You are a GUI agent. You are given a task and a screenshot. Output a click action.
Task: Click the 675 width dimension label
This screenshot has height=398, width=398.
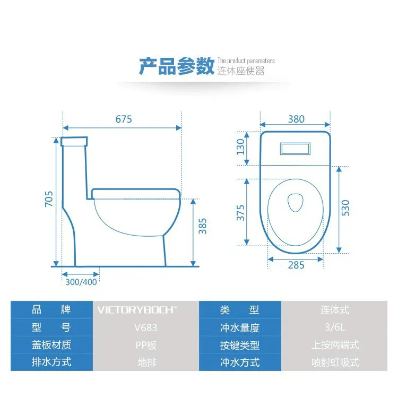pyautogui.click(x=124, y=119)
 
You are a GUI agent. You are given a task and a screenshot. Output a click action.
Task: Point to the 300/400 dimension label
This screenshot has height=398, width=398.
pyautogui.click(x=81, y=282)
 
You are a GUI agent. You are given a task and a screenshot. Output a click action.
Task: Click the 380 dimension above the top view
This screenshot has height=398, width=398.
pyautogui.click(x=296, y=119)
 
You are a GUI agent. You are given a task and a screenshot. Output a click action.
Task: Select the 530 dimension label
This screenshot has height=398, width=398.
pyautogui.click(x=345, y=209)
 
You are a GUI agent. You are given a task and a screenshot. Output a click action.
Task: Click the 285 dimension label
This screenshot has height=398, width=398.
pyautogui.click(x=296, y=265)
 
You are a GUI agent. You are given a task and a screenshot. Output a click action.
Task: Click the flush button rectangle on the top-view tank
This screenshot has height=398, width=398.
pyautogui.click(x=296, y=148)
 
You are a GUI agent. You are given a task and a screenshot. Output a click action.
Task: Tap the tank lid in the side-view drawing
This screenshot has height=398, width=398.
pyautogui.click(x=74, y=142)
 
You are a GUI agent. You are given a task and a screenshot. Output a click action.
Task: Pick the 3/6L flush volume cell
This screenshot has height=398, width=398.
pyautogui.click(x=335, y=327)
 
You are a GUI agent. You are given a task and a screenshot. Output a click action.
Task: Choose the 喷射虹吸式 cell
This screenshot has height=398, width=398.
pyautogui.click(x=335, y=362)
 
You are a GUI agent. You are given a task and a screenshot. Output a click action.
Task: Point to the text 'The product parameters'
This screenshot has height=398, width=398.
pyautogui.click(x=246, y=61)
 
